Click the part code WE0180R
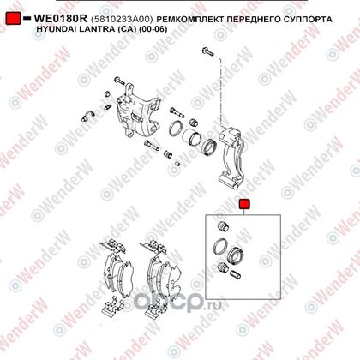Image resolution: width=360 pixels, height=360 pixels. [60, 19]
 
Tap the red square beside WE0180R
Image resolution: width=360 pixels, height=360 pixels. [13, 18]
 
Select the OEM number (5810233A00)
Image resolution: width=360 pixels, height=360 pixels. [122, 20]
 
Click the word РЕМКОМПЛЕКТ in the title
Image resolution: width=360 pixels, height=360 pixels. [190, 20]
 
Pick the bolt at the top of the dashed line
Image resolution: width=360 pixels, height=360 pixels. [207, 52]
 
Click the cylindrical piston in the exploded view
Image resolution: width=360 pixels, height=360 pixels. [192, 138]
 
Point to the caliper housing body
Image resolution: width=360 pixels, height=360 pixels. [138, 115]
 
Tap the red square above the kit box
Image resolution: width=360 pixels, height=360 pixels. [244, 204]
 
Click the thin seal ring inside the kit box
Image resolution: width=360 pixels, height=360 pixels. [220, 247]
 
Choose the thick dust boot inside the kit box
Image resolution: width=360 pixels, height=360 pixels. [237, 255]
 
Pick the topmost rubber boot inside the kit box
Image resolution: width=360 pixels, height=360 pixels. [223, 226]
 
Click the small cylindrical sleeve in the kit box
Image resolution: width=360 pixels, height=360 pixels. [235, 274]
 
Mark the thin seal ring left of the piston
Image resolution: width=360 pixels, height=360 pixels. [176, 129]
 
